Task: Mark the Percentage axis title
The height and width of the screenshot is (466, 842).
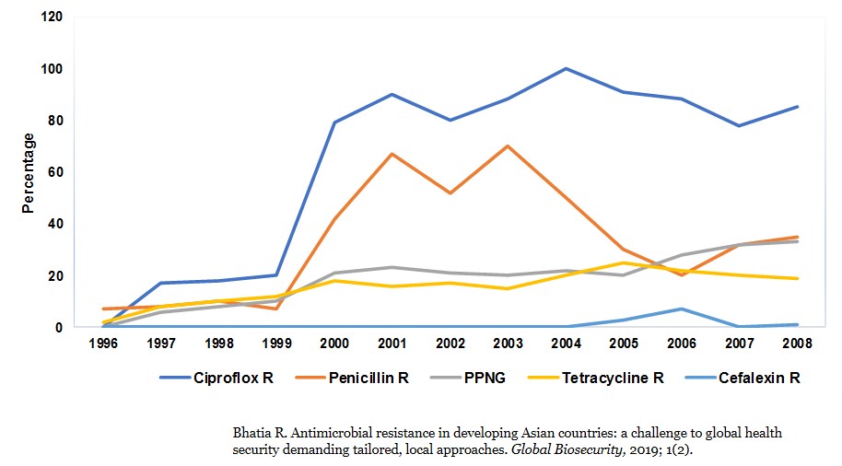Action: [x=29, y=173]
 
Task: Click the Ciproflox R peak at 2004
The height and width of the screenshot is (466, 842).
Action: [x=565, y=68]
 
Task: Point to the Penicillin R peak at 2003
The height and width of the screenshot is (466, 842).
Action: [x=507, y=146]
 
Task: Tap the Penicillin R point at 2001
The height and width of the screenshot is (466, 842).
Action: [x=392, y=154]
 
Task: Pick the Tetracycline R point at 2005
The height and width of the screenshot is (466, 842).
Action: [x=623, y=262]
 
